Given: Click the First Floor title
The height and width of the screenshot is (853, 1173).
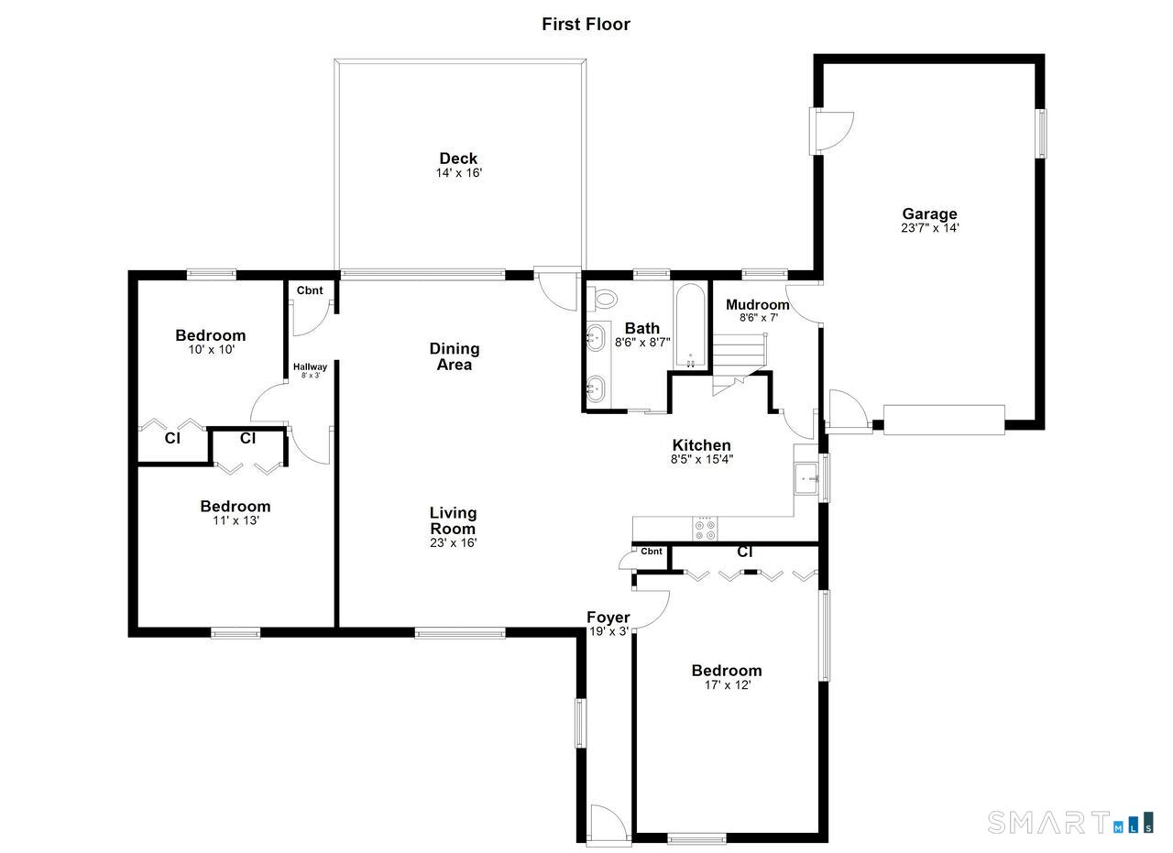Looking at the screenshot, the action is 586,24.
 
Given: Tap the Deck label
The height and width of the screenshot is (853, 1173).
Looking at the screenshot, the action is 458,159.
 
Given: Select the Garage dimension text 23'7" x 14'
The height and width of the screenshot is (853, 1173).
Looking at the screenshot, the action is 929,228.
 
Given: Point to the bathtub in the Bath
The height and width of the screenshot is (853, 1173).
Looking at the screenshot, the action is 690,326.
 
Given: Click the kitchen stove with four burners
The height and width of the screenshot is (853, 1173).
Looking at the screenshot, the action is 705,529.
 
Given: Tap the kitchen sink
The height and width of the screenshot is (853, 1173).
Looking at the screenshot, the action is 806,478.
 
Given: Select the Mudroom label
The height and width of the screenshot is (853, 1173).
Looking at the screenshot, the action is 757,304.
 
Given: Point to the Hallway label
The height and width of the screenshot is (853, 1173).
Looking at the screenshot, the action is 310,367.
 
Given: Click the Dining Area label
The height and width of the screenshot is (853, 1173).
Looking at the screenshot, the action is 455,356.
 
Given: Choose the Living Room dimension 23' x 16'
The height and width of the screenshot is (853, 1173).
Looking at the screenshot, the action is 454,543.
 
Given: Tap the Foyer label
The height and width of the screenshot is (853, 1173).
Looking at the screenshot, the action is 608,618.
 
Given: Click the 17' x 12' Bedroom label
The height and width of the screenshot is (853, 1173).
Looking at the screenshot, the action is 727,671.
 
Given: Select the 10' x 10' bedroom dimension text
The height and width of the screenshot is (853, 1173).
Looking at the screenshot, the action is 212,349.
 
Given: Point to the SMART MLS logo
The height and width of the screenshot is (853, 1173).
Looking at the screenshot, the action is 1070,823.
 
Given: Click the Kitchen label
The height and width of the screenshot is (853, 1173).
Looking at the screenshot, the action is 702,445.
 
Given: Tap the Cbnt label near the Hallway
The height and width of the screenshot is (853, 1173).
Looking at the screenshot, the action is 310,290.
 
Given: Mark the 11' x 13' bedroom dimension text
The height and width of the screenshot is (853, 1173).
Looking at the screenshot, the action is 236,520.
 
